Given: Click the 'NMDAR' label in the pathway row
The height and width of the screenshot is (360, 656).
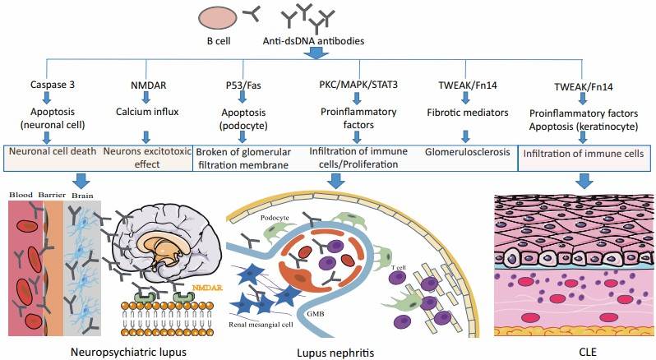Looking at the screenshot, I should pyautogui.click(x=149, y=85).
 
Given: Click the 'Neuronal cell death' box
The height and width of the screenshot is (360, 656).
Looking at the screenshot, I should pyautogui.click(x=52, y=152).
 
